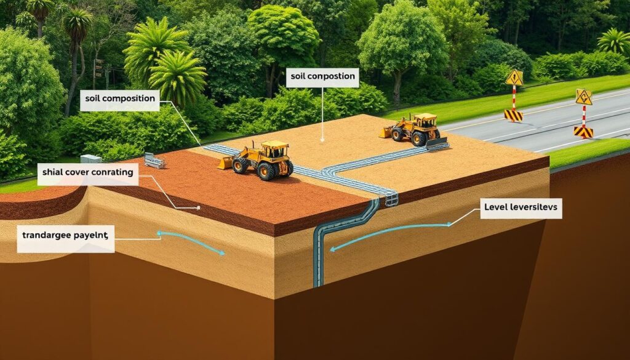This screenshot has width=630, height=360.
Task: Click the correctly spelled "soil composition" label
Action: (119, 98)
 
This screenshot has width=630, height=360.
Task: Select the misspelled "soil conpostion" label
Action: (322, 77)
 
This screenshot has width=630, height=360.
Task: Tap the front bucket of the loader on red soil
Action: (226, 163)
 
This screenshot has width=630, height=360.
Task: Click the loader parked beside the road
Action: (415, 129)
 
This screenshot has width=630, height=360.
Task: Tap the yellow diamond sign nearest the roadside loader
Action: (514, 78)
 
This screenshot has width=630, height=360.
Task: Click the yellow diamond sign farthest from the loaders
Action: (583, 97)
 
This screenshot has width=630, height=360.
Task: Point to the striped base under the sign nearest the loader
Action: (513, 115)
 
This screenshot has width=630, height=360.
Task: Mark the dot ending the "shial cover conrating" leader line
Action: (198, 208)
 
